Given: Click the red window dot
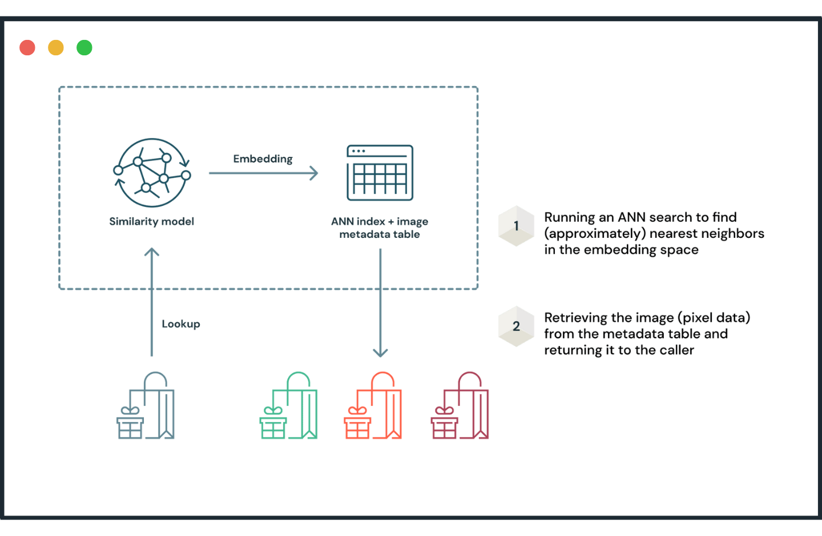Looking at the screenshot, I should pos(27,48).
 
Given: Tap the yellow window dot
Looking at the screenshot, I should pos(56,48).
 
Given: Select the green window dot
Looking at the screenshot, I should pos(84,48).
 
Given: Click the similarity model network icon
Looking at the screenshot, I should pos(152,173).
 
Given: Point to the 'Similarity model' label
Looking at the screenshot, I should pos(152,221).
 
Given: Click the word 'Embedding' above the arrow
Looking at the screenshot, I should pos(263,159).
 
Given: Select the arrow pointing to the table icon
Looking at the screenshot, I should pos(263,173).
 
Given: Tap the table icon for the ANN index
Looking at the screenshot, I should pos(380,173).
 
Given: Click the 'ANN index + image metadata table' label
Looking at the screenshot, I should pos(380,228).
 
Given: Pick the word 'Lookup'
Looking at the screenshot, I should pos(181,324).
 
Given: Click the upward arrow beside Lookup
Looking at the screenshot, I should pos(152,302).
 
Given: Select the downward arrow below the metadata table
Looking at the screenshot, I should pos(380,302).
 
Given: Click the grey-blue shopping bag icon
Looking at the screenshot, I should pos(146,405).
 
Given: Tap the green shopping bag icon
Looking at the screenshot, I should pos(288,405).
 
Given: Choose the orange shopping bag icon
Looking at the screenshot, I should pos(373,405).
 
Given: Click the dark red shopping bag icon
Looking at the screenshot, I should pos(460,405).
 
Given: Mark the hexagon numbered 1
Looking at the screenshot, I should pos(516,226).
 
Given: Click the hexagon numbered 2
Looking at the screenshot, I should pos(516,326).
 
